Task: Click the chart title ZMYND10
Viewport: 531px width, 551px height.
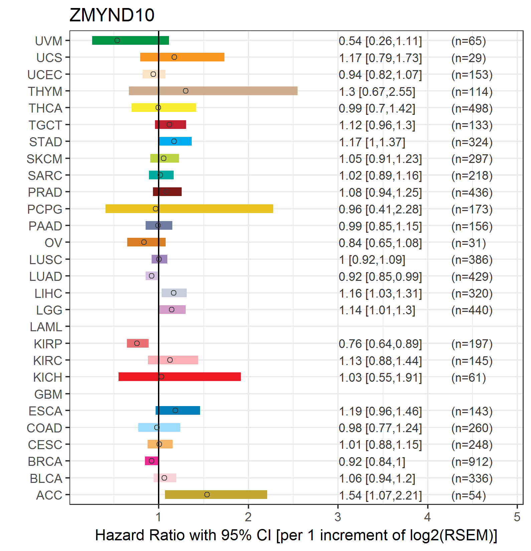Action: (112, 15)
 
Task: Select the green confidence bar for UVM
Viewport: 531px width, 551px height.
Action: (131, 40)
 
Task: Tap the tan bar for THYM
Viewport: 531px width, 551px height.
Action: (213, 91)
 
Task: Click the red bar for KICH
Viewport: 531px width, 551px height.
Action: (180, 377)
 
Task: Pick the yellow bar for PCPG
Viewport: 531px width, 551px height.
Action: (189, 209)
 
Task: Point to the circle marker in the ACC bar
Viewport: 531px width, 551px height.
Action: (207, 495)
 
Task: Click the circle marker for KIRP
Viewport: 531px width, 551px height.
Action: (137, 343)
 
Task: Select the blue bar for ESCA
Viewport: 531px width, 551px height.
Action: (178, 410)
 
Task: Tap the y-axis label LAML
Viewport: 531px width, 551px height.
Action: (46, 327)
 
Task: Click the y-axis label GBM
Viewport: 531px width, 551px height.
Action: (48, 394)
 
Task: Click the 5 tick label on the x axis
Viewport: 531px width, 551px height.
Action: (517, 517)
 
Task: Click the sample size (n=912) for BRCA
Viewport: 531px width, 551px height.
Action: (472, 462)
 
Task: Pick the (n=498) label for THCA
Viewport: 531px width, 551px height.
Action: (472, 108)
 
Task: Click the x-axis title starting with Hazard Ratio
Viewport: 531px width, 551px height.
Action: (296, 535)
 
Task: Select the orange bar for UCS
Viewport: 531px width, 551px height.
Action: (182, 57)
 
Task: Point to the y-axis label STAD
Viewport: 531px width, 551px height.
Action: (46, 142)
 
